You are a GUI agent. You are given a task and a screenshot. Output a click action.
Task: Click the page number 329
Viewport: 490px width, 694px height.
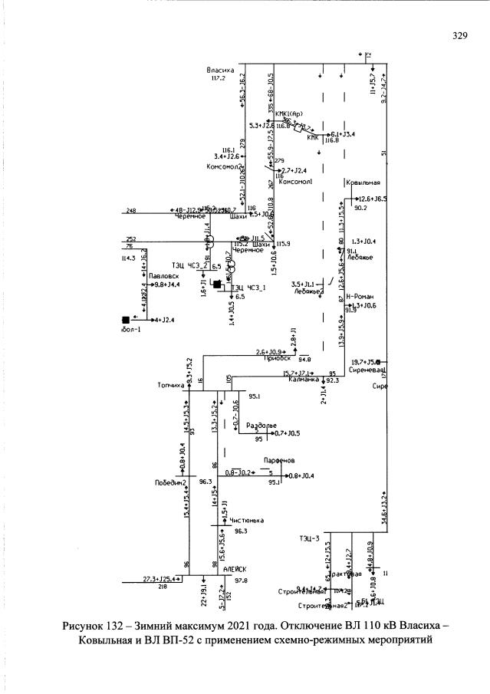(x=460, y=35)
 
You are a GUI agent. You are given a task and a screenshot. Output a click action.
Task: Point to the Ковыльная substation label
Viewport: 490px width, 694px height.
(x=363, y=183)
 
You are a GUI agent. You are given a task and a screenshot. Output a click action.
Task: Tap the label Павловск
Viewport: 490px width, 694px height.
(x=164, y=274)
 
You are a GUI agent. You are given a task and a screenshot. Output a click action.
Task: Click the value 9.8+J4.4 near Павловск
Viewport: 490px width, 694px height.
(x=167, y=284)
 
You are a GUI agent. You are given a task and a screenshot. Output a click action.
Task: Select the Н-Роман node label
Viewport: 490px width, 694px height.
(x=359, y=296)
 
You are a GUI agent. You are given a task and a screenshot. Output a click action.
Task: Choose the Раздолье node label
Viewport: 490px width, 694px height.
(x=261, y=425)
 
